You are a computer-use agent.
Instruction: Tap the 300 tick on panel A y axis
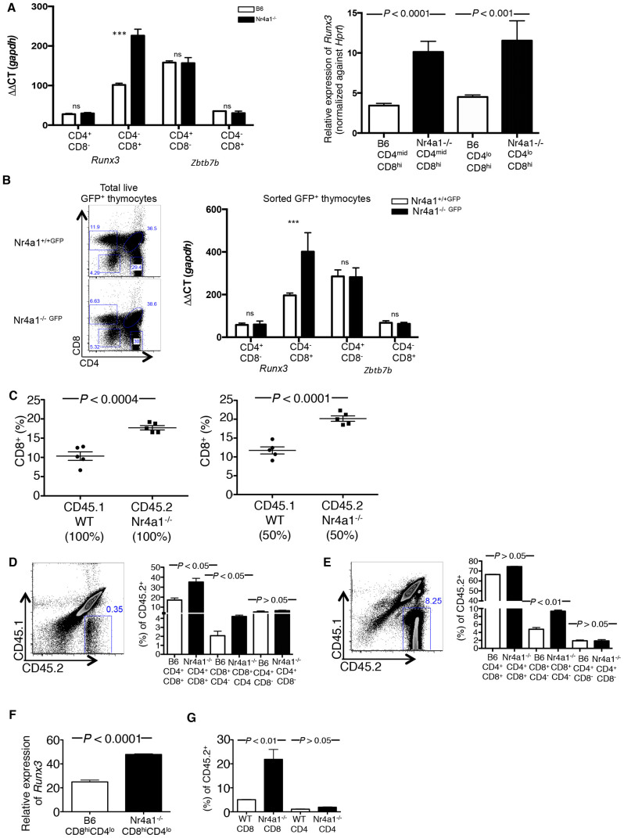coord(41,6)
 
